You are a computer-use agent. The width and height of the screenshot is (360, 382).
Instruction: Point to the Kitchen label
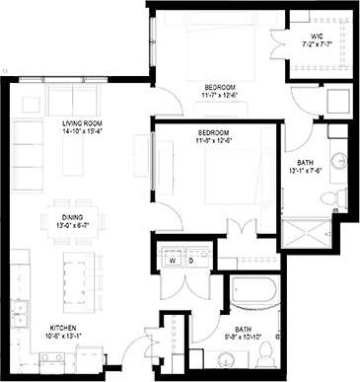(64, 328)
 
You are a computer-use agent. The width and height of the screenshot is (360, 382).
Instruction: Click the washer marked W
(170, 263)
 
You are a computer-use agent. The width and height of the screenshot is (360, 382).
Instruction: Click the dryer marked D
(184, 263)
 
